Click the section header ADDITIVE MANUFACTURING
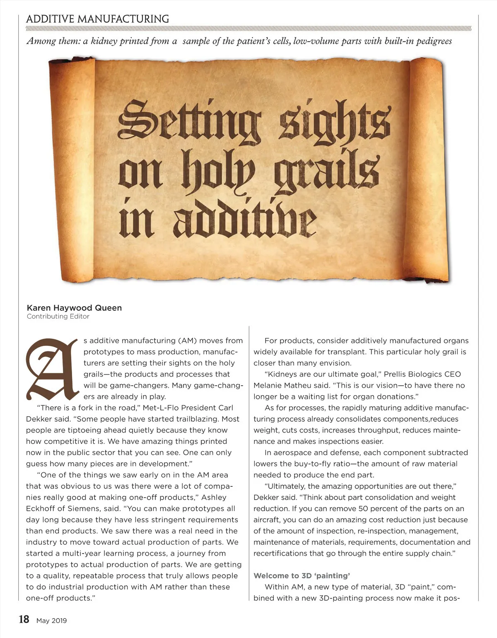[x=97, y=19]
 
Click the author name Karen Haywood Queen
[x=74, y=308]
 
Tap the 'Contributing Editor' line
[x=58, y=317]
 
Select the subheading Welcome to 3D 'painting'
[x=302, y=576]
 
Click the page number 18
[x=24, y=619]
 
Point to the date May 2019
[x=51, y=621]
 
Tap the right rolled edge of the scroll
[x=429, y=170]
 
